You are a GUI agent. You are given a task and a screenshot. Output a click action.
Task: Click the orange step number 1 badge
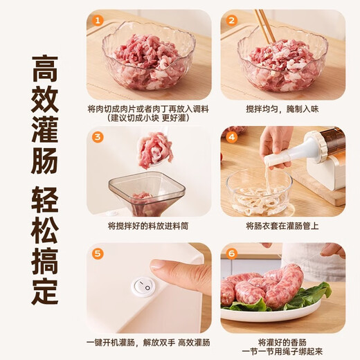[x=98, y=21]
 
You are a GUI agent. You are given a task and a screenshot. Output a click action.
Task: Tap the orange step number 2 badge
[x=231, y=21]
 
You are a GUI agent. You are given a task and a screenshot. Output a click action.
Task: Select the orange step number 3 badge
[x=98, y=137]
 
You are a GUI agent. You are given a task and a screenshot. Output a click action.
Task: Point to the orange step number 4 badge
[x=231, y=137]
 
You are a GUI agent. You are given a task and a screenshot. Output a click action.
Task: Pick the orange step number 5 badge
[x=98, y=253]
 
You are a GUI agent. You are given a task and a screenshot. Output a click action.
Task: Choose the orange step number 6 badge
[x=231, y=253]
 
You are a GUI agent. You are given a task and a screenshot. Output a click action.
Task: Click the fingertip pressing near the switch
[x=161, y=268]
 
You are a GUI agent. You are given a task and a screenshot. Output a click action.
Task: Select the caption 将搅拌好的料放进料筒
[x=149, y=226]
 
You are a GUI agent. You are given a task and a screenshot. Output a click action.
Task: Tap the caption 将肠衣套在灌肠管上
[x=283, y=226]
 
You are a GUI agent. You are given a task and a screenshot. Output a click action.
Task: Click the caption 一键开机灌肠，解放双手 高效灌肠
[x=149, y=342]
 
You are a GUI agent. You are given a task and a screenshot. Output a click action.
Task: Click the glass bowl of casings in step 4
[x=260, y=194]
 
